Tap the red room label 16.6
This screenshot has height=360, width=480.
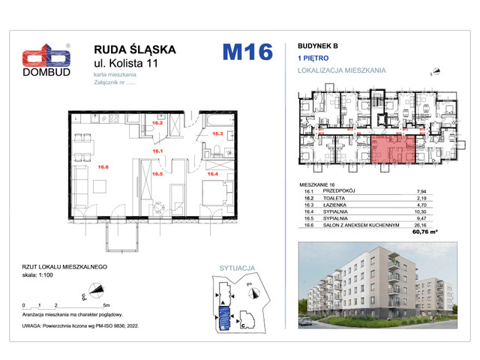(82, 166)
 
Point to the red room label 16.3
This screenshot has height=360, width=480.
(217, 134)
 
